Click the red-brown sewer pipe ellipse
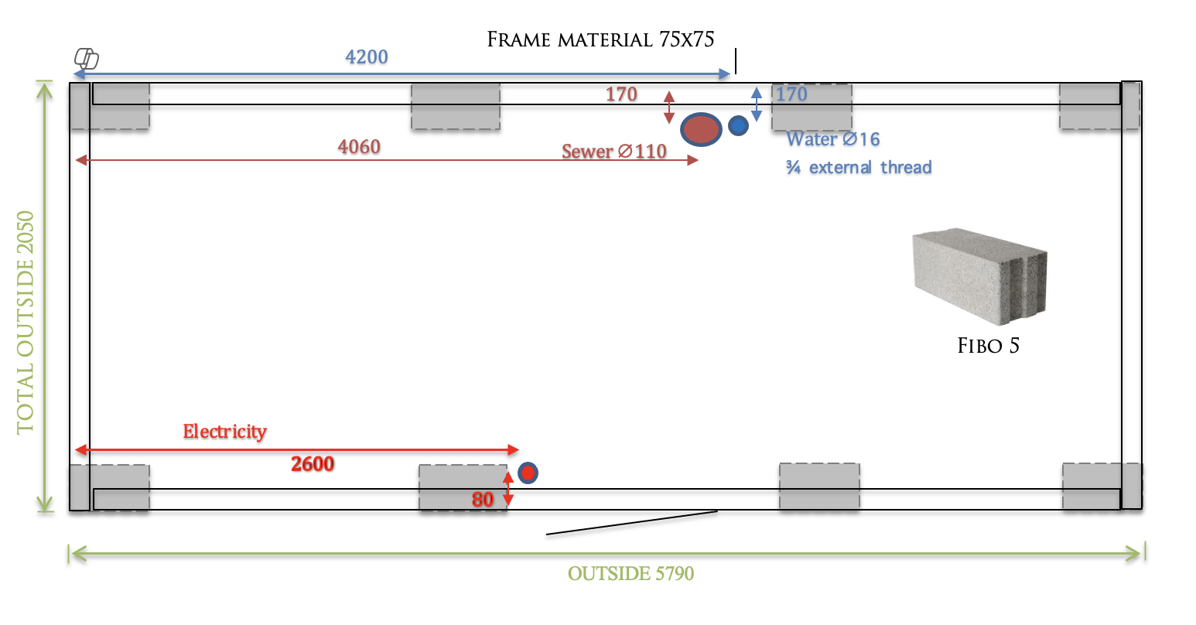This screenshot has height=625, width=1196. point(701,129)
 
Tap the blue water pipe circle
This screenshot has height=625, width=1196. point(738,126)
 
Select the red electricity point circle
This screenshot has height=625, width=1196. point(528,473)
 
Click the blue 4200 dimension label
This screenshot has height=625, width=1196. point(367,57)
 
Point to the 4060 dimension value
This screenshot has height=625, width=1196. point(359,147)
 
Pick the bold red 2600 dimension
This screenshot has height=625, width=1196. point(313,464)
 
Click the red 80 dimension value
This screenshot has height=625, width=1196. point(483,500)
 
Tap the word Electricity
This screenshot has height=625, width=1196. point(224,432)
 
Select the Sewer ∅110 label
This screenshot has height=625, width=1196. point(614,152)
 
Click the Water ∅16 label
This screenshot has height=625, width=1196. point(833,139)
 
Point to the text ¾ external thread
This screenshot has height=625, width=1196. point(859,168)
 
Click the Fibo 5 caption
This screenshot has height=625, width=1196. point(989,346)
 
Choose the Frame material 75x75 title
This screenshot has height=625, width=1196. point(600,39)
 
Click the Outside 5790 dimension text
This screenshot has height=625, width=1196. point(630,574)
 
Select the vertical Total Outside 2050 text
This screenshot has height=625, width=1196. point(26,321)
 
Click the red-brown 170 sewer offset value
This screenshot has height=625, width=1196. point(621,94)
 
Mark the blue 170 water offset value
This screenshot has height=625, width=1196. point(791,94)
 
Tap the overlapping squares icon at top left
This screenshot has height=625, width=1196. point(87,58)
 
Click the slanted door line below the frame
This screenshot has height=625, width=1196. point(631,523)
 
